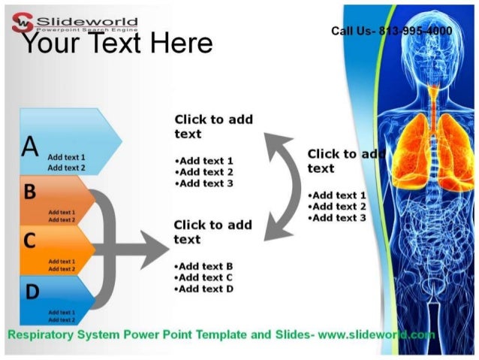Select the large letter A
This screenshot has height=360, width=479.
(x=30, y=147)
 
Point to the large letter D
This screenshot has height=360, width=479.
(x=31, y=290)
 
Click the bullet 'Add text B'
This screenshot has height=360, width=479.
(x=203, y=266)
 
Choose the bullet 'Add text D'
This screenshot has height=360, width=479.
(x=203, y=289)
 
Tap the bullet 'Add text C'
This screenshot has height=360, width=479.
(x=203, y=277)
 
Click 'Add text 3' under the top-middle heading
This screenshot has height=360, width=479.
(x=203, y=183)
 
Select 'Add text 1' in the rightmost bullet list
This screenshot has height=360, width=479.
(x=337, y=195)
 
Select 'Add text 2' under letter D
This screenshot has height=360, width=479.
(x=62, y=320)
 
